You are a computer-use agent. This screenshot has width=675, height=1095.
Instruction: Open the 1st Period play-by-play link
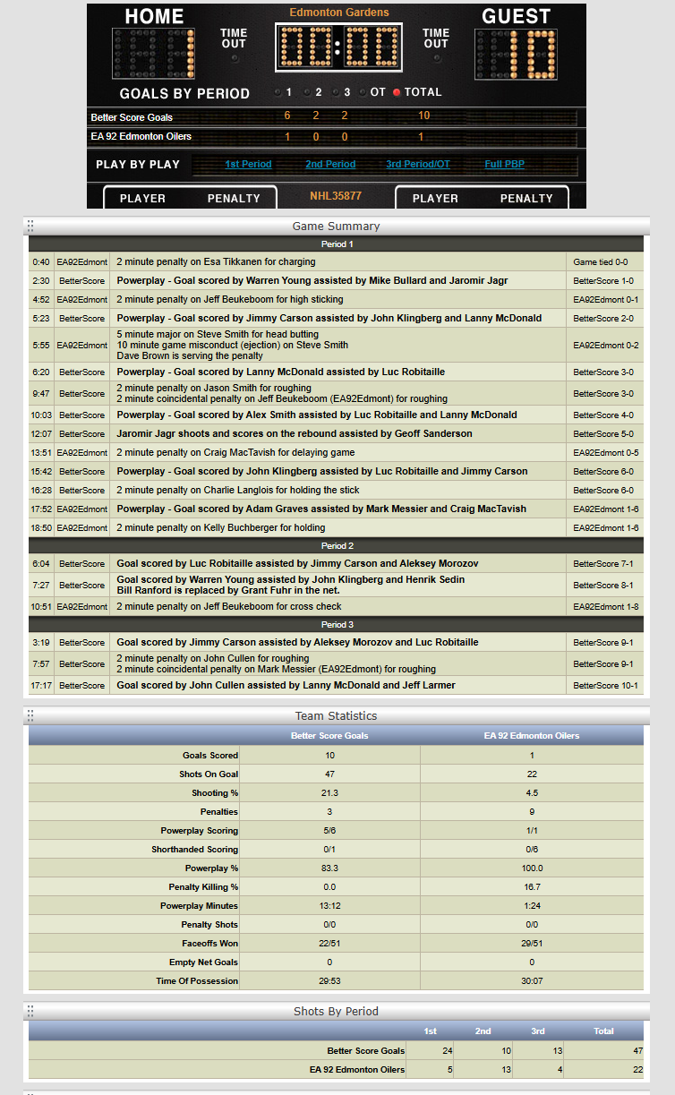tap(248, 165)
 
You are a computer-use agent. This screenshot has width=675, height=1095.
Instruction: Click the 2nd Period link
tap(330, 165)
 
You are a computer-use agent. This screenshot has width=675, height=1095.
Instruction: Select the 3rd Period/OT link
tap(418, 165)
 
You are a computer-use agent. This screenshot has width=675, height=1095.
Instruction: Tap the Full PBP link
tap(505, 165)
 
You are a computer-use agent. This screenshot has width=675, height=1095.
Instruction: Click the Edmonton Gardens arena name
tap(339, 13)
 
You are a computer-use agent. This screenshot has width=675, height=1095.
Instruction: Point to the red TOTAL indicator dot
tap(397, 92)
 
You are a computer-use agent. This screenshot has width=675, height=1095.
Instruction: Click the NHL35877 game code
tap(336, 195)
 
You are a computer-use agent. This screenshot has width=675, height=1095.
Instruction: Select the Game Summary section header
tap(336, 227)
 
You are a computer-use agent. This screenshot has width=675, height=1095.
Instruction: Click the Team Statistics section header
tap(336, 716)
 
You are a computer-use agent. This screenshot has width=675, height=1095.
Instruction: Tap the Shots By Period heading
tap(336, 1012)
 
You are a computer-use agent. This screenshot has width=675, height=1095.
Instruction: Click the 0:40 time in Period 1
tap(41, 262)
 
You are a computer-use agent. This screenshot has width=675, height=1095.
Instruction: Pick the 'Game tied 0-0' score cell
tap(600, 262)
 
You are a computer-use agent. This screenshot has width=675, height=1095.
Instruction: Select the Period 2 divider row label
tap(336, 546)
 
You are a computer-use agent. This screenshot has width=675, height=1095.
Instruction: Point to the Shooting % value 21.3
tap(329, 793)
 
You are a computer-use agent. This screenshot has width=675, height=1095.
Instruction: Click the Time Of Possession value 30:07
tap(532, 981)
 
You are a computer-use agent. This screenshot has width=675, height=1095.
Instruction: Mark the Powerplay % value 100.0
tap(532, 868)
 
